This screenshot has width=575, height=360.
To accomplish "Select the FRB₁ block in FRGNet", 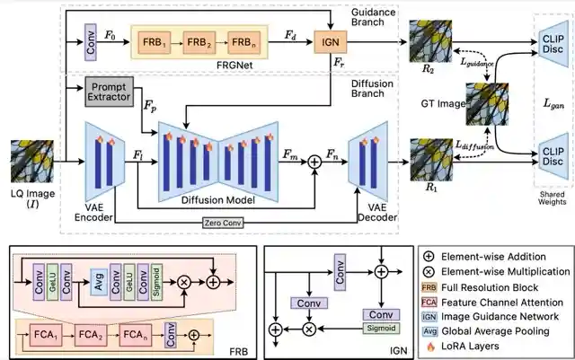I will pos(155,41).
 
